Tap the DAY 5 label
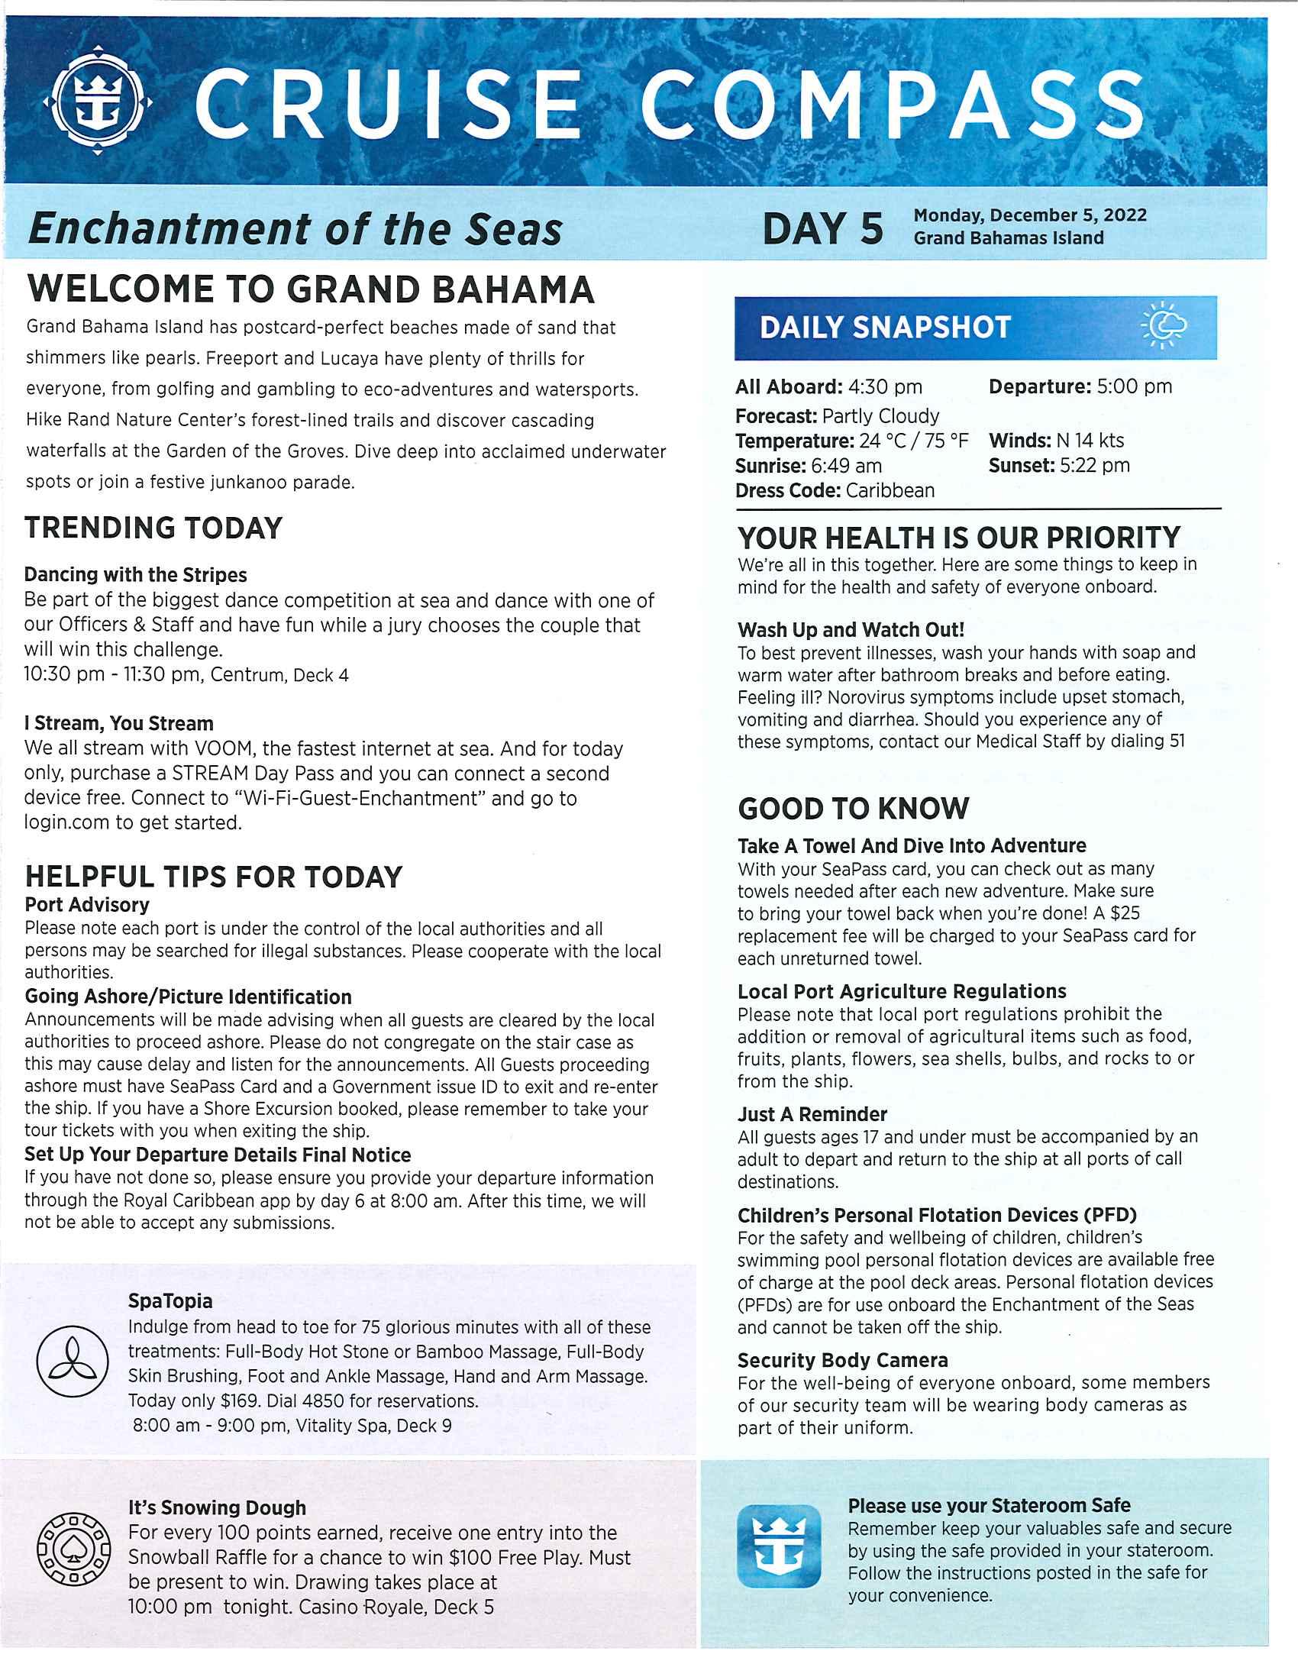pyautogui.click(x=822, y=228)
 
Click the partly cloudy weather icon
pyautogui.click(x=1166, y=326)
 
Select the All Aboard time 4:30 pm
pyautogui.click(x=885, y=386)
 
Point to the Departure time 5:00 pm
pyautogui.click(x=1134, y=386)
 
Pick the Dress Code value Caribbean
pyautogui.click(x=890, y=491)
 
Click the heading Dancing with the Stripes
pyautogui.click(x=135, y=574)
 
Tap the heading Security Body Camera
pyautogui.click(x=842, y=1360)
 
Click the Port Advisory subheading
pyautogui.click(x=87, y=905)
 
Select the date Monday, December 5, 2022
pyautogui.click(x=1030, y=215)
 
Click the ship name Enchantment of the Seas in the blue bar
pyautogui.click(x=295, y=229)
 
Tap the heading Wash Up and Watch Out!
pyautogui.click(x=851, y=630)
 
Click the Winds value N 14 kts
pyautogui.click(x=1090, y=441)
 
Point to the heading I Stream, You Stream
pyautogui.click(x=118, y=723)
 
